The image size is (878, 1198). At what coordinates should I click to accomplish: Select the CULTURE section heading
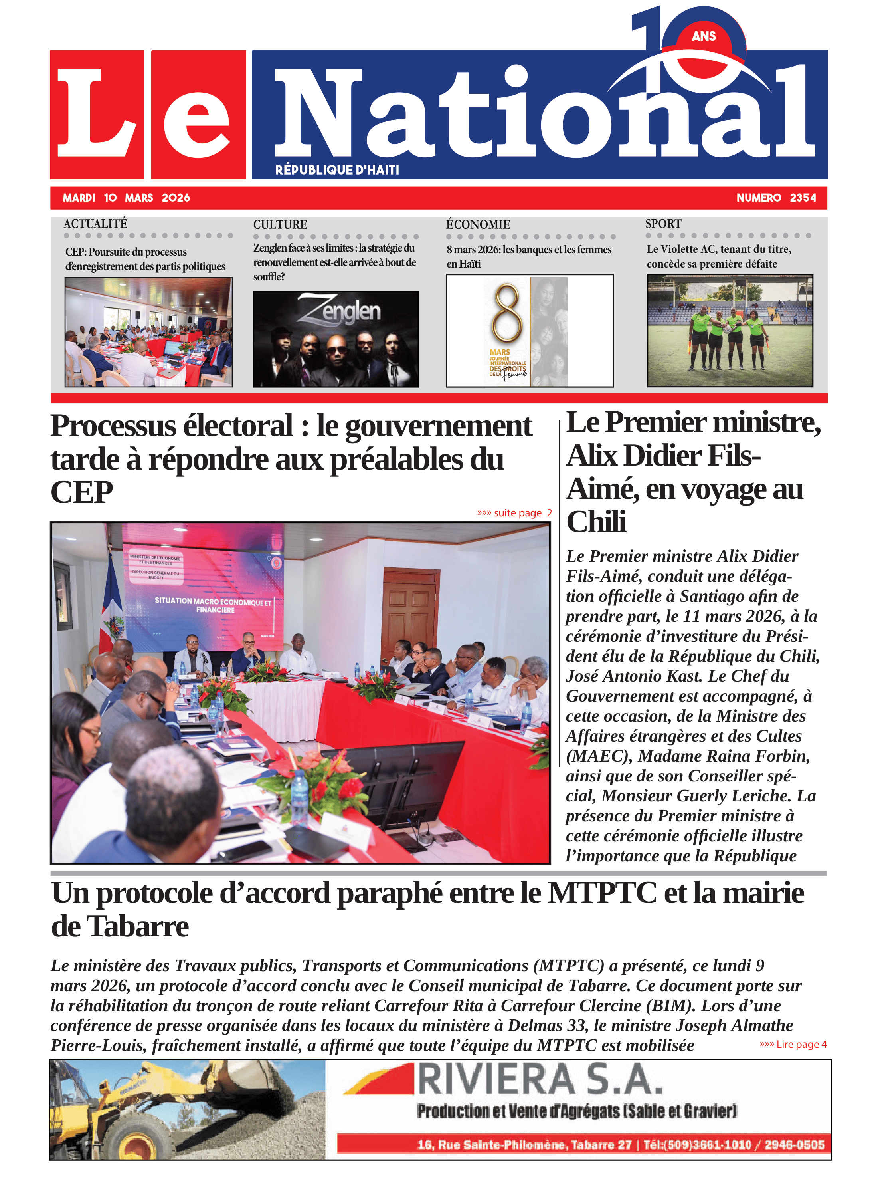280,224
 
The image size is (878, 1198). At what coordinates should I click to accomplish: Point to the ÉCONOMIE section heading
478,224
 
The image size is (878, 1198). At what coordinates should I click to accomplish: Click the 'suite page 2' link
514,513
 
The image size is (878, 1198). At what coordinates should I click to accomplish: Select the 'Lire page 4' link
793,1044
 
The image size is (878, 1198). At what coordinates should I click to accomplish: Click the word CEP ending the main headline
82,492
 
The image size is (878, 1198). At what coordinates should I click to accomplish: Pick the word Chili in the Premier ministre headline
596,522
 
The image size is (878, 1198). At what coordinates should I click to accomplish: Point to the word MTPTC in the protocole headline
602,893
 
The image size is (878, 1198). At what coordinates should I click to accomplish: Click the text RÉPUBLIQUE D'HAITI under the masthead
337,170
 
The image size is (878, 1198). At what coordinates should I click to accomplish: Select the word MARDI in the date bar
79,198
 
